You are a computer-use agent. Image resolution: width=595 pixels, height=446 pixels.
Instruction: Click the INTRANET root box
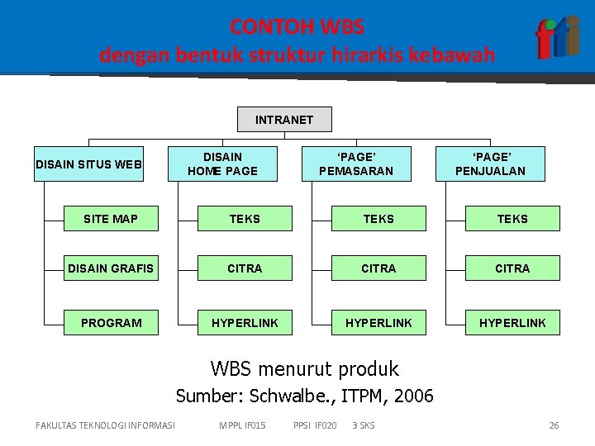point(284,120)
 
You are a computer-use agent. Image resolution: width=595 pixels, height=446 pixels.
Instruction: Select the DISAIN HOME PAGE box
point(222,164)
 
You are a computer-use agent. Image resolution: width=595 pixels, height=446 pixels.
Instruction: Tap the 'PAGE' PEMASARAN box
point(356,164)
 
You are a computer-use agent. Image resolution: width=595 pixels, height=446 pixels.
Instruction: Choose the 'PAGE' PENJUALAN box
point(490,164)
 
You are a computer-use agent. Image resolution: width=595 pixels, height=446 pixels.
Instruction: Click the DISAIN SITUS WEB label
point(89,164)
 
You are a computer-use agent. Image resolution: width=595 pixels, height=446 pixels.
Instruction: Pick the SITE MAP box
point(111,219)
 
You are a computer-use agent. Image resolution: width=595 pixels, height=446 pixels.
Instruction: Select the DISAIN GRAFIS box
point(111,268)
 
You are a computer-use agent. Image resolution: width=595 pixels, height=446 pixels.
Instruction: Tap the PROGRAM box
point(111,322)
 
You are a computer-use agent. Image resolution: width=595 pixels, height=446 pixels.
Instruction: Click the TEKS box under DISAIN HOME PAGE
point(245,219)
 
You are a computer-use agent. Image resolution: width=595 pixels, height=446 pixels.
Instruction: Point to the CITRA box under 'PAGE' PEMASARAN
point(378,268)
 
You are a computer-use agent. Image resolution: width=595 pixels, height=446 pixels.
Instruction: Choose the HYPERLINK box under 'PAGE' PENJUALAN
point(512,322)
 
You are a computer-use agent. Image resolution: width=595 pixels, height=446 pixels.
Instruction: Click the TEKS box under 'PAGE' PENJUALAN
point(512,219)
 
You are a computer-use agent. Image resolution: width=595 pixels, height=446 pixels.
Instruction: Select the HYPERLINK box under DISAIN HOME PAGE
point(245,322)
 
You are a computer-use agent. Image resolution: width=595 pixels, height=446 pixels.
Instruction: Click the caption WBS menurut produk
point(304,368)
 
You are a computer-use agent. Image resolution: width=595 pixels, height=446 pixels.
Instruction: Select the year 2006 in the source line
point(413,396)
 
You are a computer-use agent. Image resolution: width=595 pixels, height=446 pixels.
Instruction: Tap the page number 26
point(554,425)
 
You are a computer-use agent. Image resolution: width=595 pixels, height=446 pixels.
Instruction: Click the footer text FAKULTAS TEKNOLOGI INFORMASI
point(106,425)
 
